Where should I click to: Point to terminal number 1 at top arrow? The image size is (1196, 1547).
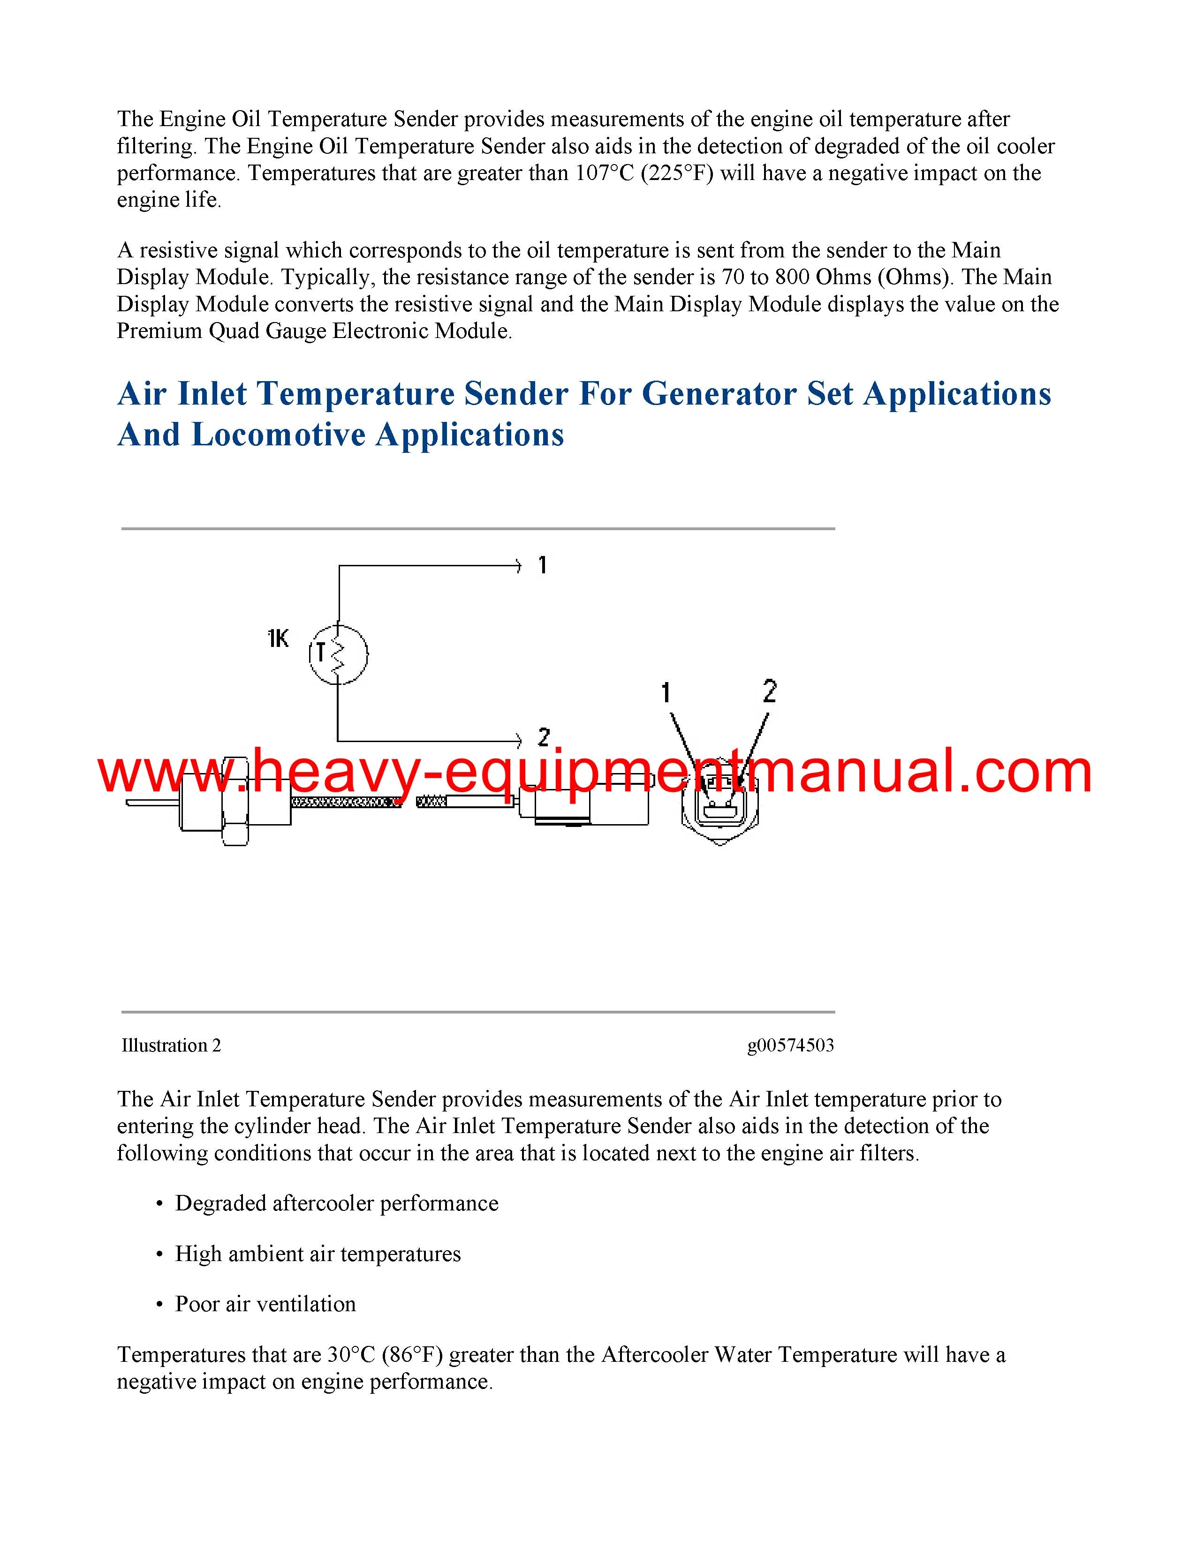pyautogui.click(x=542, y=565)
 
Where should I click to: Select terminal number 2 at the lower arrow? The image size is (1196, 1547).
pyautogui.click(x=544, y=737)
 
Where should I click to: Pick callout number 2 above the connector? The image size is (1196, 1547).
pyautogui.click(x=770, y=691)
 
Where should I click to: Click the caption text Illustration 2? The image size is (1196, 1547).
pyautogui.click(x=171, y=1045)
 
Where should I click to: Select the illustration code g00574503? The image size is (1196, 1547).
pyautogui.click(x=790, y=1045)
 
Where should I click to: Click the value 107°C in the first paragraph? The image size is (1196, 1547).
pyautogui.click(x=604, y=173)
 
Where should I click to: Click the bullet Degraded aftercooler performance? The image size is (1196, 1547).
pyautogui.click(x=337, y=1203)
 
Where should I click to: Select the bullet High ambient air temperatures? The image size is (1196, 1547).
pyautogui.click(x=318, y=1254)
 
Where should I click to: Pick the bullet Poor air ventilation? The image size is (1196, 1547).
pyautogui.click(x=265, y=1304)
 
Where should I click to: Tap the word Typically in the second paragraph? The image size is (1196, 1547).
pyautogui.click(x=325, y=277)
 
